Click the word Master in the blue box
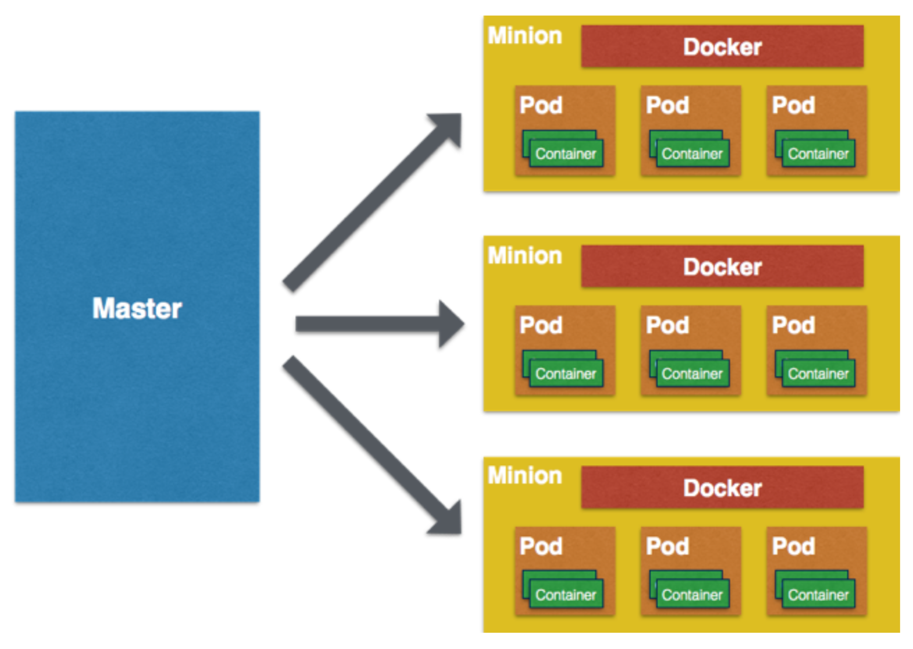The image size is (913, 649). coord(137,308)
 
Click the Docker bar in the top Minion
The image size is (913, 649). coord(722,46)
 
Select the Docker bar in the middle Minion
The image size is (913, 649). coord(722,267)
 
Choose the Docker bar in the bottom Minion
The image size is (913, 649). coord(722,487)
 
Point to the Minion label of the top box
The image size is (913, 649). coord(525,35)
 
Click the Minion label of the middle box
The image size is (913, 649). coord(525,256)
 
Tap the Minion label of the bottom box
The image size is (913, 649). coord(525,475)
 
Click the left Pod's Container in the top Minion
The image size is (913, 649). coord(566,154)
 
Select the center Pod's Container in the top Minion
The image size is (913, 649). coord(692,154)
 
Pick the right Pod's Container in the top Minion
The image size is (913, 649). coord(818,154)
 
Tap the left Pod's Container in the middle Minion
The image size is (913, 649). coord(566,374)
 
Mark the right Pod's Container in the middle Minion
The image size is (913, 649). coord(818,374)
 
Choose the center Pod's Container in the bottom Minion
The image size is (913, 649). coord(692,595)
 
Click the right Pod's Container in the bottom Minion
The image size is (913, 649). coord(818,595)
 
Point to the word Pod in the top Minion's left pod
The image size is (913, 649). coord(541,105)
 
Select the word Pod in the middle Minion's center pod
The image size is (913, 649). coord(668,325)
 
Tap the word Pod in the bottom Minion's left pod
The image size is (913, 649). coord(541,546)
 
